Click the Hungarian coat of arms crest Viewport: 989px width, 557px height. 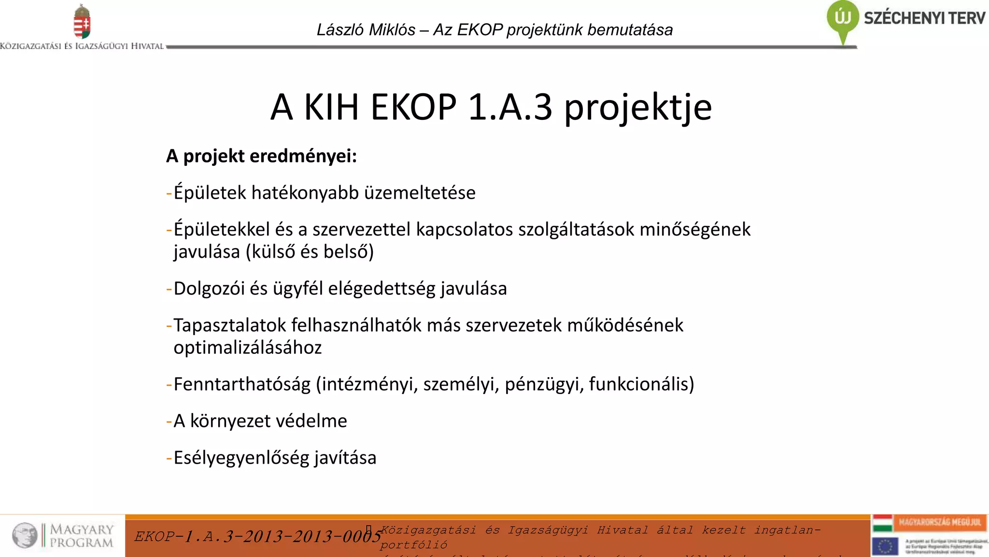click(82, 22)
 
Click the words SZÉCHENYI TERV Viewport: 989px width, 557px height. click(924, 18)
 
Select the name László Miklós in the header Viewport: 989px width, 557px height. click(366, 30)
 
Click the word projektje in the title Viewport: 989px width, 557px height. click(638, 107)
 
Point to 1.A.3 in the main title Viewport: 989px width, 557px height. click(510, 107)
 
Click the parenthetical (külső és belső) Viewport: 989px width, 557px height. click(310, 252)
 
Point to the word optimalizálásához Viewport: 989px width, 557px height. click(247, 348)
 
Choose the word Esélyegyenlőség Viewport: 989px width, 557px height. click(241, 458)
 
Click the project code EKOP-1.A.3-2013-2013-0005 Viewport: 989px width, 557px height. click(257, 536)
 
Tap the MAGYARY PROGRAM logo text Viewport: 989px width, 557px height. click(82, 536)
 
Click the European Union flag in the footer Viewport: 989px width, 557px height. click(885, 546)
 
